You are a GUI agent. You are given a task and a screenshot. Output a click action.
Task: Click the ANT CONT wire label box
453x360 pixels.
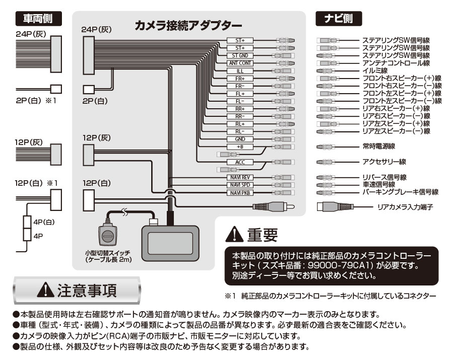click(x=240, y=63)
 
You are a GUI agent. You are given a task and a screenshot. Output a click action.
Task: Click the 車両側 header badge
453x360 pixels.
click(x=39, y=19)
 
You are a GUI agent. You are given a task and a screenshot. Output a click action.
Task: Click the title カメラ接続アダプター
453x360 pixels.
click(x=188, y=25)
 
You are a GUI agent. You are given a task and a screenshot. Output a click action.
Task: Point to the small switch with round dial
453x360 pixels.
click(x=107, y=234)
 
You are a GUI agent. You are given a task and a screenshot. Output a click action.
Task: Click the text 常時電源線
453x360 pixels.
click(x=379, y=147)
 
